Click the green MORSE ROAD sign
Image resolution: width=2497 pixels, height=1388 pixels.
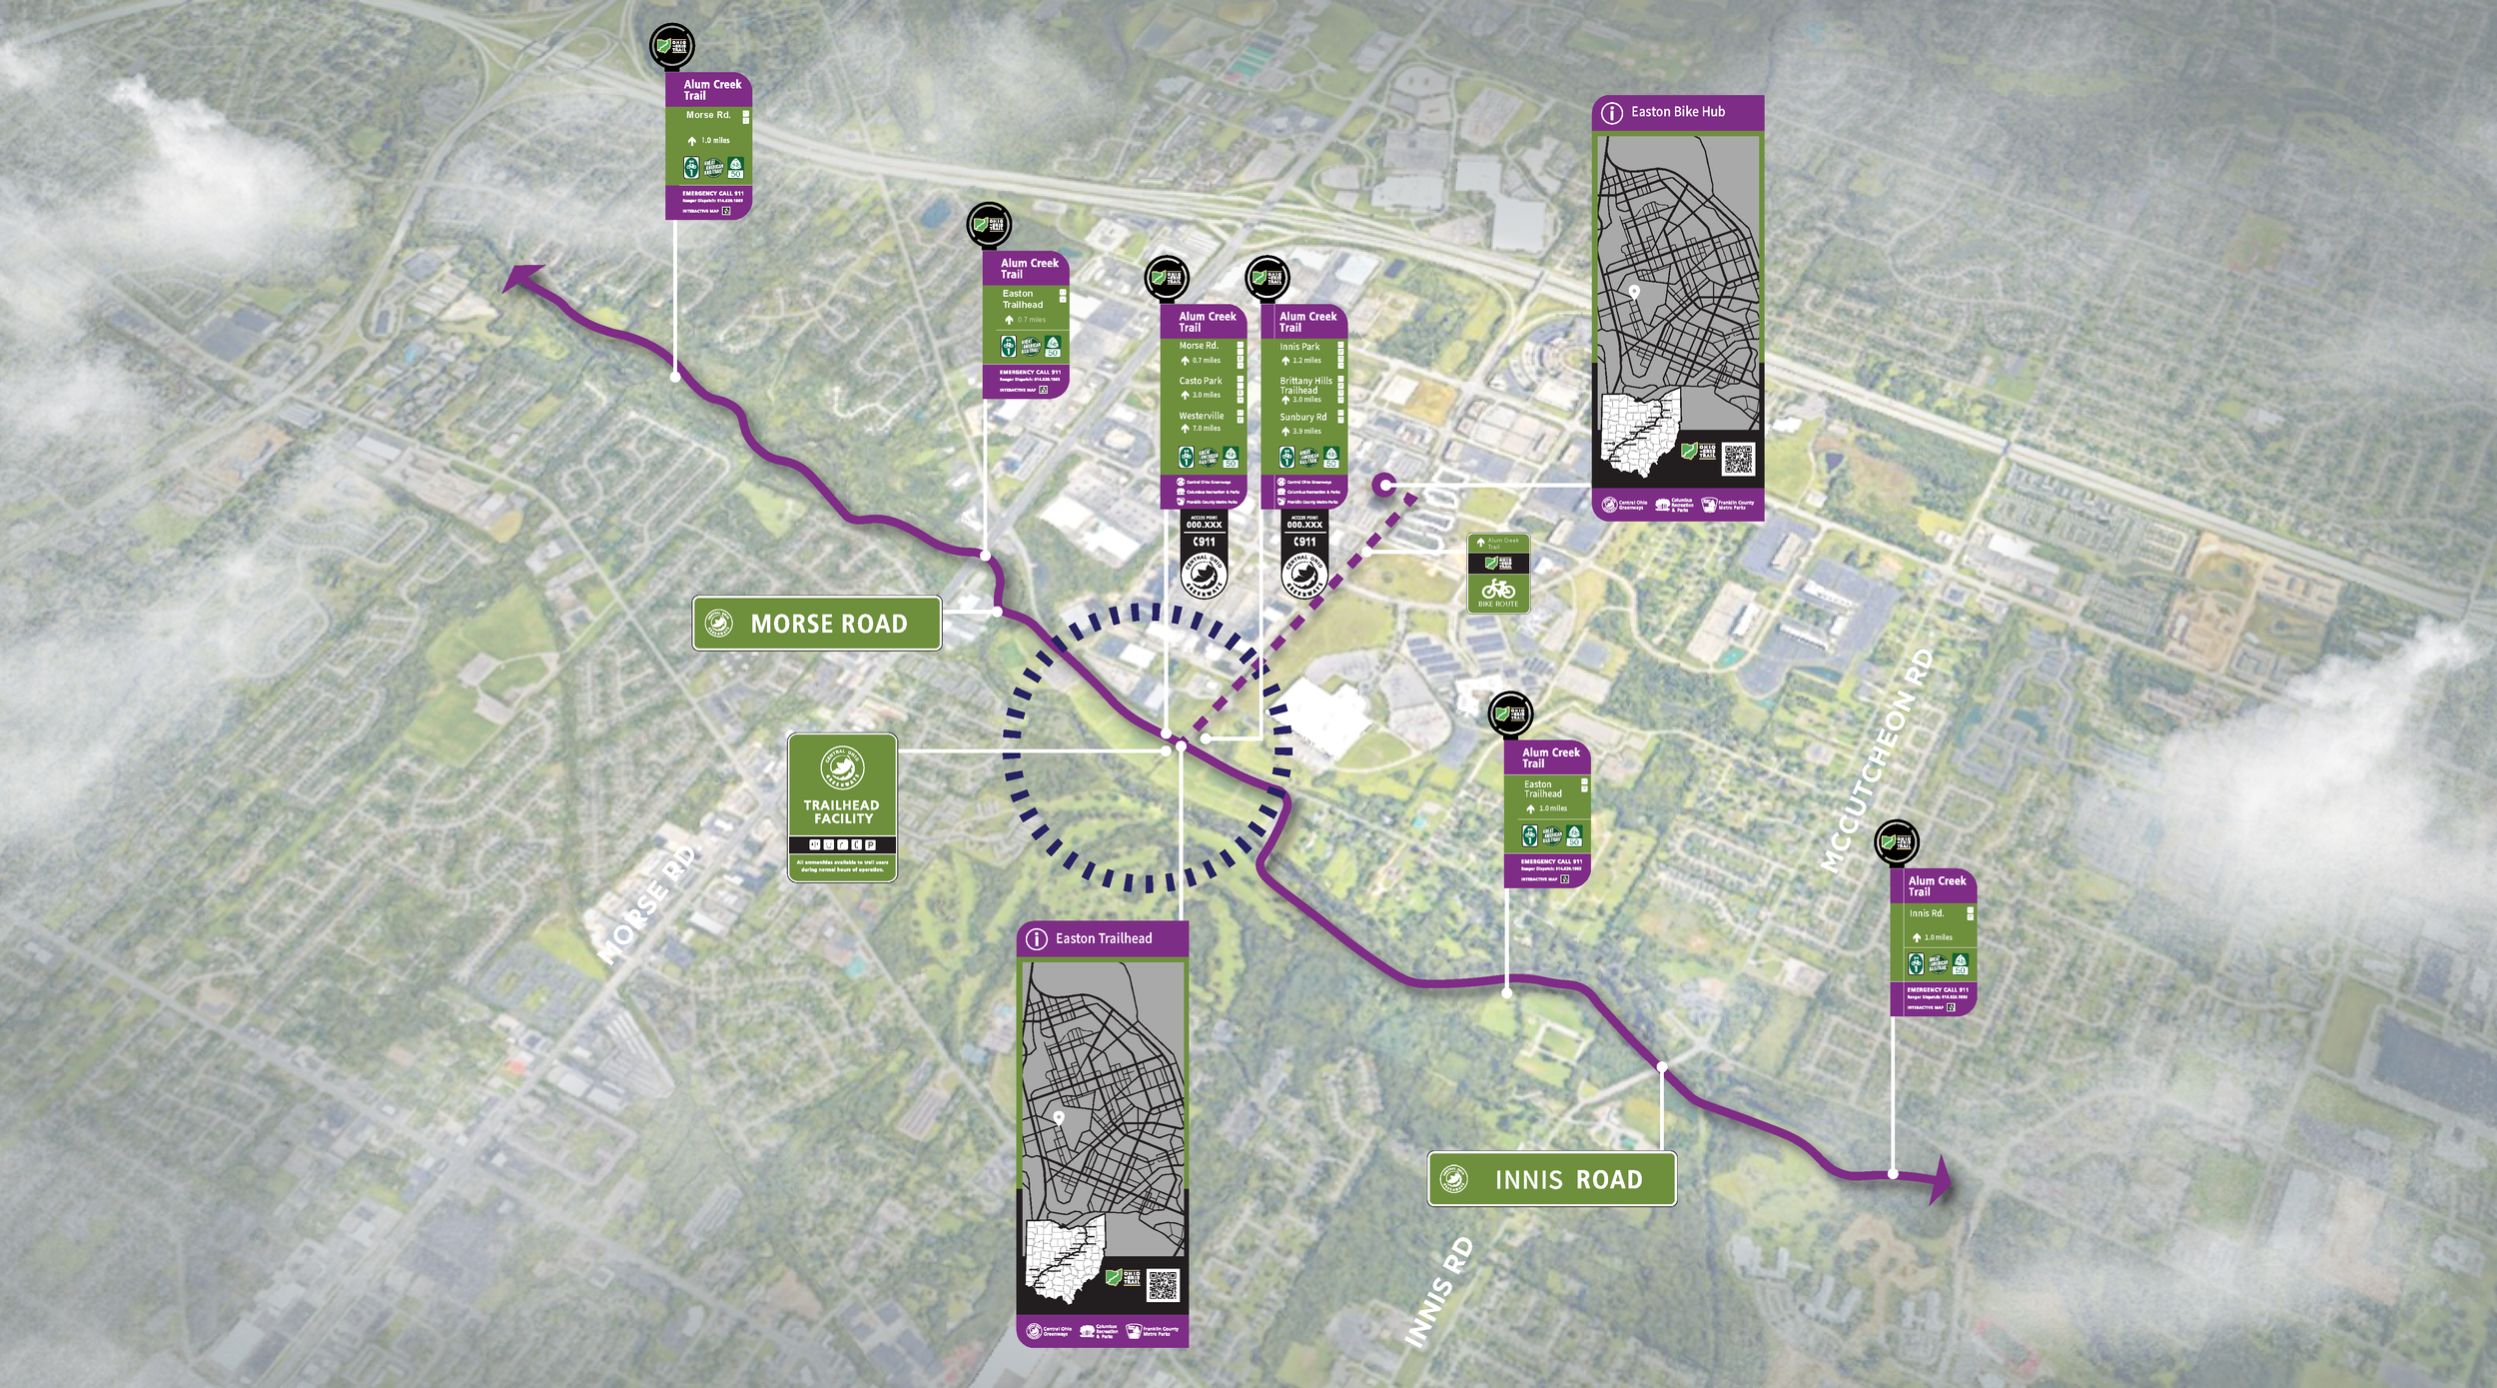coord(817,624)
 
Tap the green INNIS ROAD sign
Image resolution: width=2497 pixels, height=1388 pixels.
coord(1551,1179)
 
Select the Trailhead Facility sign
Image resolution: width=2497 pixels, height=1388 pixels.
coord(842,807)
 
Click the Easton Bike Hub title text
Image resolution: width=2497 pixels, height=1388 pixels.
coord(1677,112)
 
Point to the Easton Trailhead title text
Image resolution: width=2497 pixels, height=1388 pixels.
coord(1103,938)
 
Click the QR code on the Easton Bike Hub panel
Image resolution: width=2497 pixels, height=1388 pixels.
coord(1737,459)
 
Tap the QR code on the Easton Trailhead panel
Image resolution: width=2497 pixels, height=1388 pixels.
coord(1162,1285)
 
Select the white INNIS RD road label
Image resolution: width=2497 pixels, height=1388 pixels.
coord(1438,1292)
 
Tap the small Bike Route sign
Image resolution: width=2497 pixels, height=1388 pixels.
coord(1498,573)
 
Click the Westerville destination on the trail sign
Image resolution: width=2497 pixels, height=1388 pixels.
coord(1201,416)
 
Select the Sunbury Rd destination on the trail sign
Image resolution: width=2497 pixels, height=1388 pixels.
coord(1302,418)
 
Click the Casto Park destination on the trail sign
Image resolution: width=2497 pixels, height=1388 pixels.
coord(1200,381)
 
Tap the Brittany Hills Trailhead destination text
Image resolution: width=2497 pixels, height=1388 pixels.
coord(1305,386)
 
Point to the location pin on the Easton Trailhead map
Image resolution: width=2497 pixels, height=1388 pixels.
coord(1059,1117)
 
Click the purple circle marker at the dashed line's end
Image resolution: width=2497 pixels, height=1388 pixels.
coord(1383,485)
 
